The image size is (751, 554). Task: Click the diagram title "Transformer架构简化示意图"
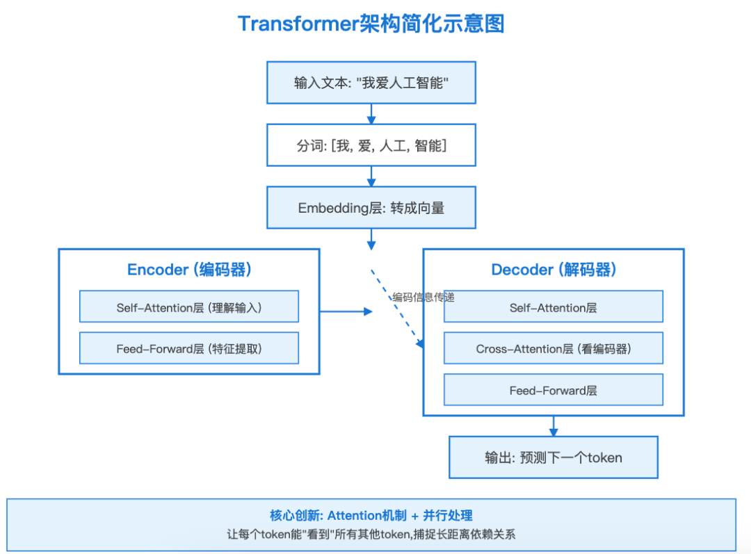tap(371, 24)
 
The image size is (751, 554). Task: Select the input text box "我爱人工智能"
tap(371, 83)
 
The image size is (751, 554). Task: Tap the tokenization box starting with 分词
tap(371, 145)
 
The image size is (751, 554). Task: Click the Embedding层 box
tap(371, 208)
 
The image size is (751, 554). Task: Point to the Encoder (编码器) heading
tap(189, 270)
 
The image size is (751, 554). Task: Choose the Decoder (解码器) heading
tap(554, 270)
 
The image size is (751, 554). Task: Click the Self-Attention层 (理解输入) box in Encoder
tap(189, 307)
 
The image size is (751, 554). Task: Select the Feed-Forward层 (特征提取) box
tap(189, 349)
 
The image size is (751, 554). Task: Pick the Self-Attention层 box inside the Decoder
tap(554, 307)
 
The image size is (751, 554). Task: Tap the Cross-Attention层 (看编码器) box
tap(554, 349)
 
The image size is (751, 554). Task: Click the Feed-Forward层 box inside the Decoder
tap(554, 391)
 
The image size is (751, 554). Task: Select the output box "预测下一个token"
tap(554, 457)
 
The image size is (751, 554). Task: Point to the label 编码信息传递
tap(423, 297)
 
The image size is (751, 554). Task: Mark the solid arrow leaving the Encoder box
tap(346, 311)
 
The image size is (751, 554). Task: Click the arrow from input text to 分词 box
tap(371, 114)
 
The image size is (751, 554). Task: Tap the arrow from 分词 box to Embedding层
tap(371, 177)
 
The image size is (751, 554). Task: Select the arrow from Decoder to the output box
tap(554, 426)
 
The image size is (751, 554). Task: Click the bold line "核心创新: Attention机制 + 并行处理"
tap(371, 516)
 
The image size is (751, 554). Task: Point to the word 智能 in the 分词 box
tap(428, 146)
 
